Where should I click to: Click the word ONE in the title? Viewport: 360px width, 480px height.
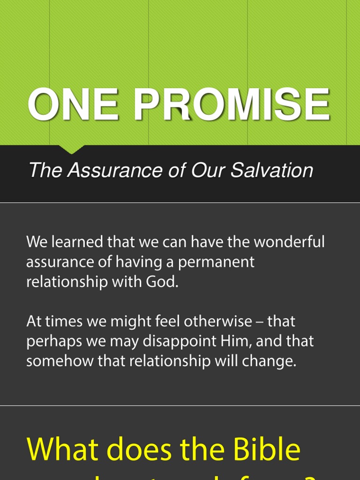click(x=73, y=105)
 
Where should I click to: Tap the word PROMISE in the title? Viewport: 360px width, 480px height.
click(x=232, y=105)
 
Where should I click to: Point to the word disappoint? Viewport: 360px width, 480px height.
click(x=177, y=342)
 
